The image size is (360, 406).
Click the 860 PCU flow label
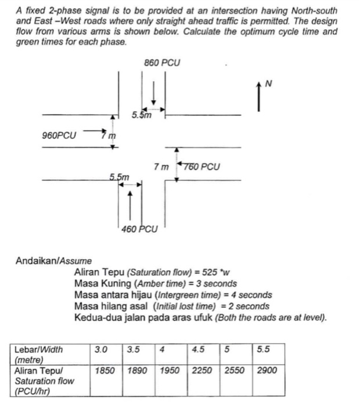(161, 62)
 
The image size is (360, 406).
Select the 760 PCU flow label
(201, 167)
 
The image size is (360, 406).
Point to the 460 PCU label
(139, 229)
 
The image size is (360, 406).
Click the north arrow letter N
(268, 84)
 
